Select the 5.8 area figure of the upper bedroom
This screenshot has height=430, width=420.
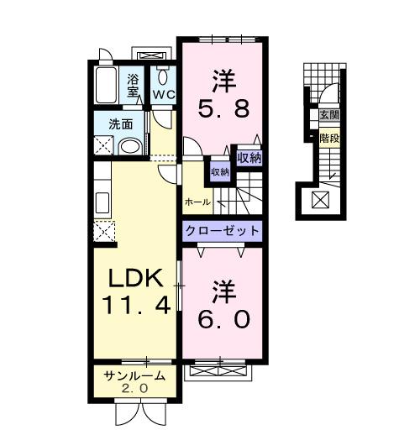pos(223,108)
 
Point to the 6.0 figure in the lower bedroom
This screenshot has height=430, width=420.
pos(223,320)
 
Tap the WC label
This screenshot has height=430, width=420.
pos(163,94)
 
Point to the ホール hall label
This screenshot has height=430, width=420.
pos(197,202)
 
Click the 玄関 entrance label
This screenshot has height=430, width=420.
pos(328,116)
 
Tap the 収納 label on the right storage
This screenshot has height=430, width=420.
pos(249,156)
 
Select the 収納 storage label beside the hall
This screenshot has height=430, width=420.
pos(219,171)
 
